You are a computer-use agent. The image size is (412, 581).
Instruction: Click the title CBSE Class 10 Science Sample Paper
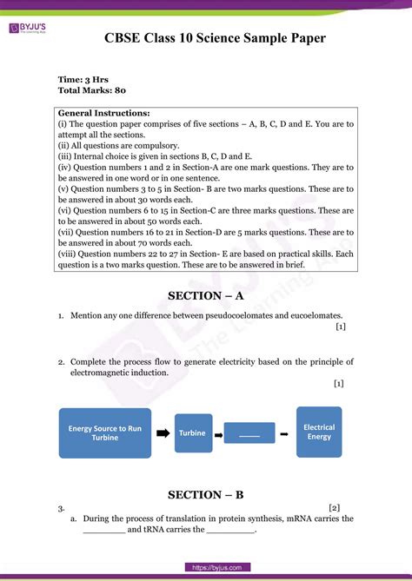click(x=216, y=38)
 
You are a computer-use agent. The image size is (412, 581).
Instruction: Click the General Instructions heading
click(x=103, y=113)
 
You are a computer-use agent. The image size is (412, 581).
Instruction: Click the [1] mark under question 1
click(x=340, y=327)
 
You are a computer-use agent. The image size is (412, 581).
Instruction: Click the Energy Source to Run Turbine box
click(x=104, y=433)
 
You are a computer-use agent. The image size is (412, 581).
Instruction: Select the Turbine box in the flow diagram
click(x=192, y=432)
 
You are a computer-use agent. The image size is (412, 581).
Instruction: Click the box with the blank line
click(x=249, y=432)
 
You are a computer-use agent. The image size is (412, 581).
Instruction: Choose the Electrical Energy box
click(x=319, y=432)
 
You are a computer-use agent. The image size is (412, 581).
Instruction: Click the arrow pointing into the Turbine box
click(x=163, y=432)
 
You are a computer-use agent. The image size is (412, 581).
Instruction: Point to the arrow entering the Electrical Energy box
click(x=286, y=432)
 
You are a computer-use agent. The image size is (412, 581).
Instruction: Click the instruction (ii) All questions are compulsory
click(x=118, y=145)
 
